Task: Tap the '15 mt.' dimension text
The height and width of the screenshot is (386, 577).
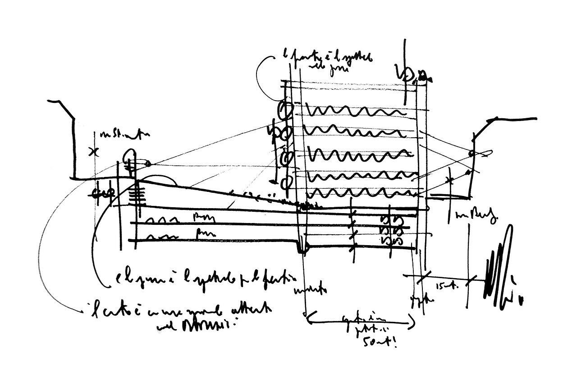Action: tap(443, 286)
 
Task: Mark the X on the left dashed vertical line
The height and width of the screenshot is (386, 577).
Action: tap(94, 152)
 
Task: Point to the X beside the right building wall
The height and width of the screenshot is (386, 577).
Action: tap(449, 180)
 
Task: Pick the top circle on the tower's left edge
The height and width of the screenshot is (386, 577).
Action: tap(286, 109)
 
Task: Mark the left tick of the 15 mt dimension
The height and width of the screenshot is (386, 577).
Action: tap(422, 278)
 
